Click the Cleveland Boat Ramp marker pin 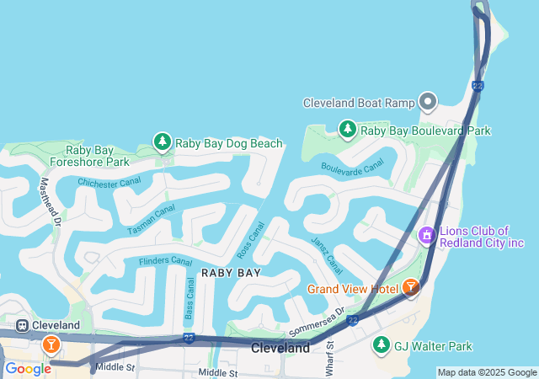[x=428, y=103]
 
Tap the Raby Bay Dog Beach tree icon [x=162, y=142]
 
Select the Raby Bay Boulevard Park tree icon [x=347, y=130]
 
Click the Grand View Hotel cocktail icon [x=410, y=288]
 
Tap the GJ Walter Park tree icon [x=382, y=345]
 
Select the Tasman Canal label [x=152, y=220]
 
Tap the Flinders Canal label [x=165, y=261]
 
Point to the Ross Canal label [x=251, y=241]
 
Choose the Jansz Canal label [x=326, y=255]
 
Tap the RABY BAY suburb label [x=230, y=273]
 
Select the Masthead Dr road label [x=51, y=201]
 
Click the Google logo [x=28, y=369]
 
